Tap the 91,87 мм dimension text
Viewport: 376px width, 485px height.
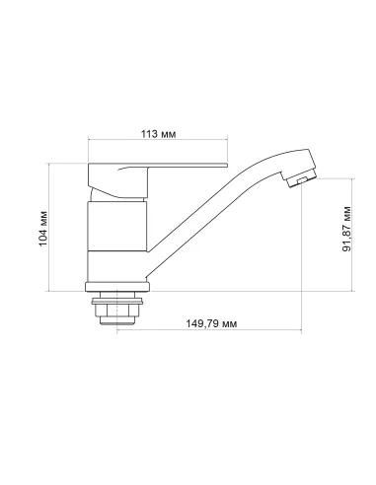click(346, 234)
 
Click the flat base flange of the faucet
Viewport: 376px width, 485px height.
click(117, 286)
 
